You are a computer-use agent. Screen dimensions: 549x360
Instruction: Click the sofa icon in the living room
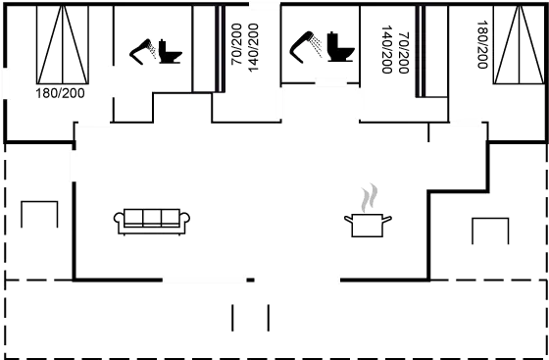[151, 222]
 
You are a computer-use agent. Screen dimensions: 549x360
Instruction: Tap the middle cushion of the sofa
[151, 218]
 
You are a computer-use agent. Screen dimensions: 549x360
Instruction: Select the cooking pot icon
[369, 225]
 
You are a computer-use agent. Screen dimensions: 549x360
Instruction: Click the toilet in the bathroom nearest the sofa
[170, 52]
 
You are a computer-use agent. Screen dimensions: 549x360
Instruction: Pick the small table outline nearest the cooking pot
[490, 230]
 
